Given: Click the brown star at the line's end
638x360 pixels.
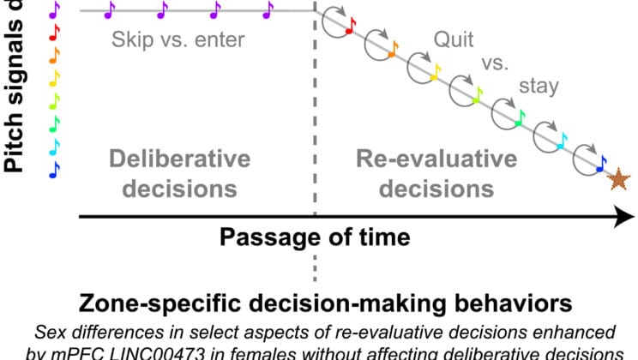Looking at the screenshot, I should (617, 179).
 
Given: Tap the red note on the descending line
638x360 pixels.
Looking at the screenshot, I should (350, 28).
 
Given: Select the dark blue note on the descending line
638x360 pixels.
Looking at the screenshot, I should (601, 162).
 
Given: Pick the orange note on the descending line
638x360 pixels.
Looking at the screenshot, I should (393, 50).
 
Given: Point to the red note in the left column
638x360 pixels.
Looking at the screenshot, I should (55, 32).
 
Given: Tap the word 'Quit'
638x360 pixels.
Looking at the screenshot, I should (454, 39).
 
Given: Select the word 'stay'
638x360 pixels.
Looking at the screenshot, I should (539, 86).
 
